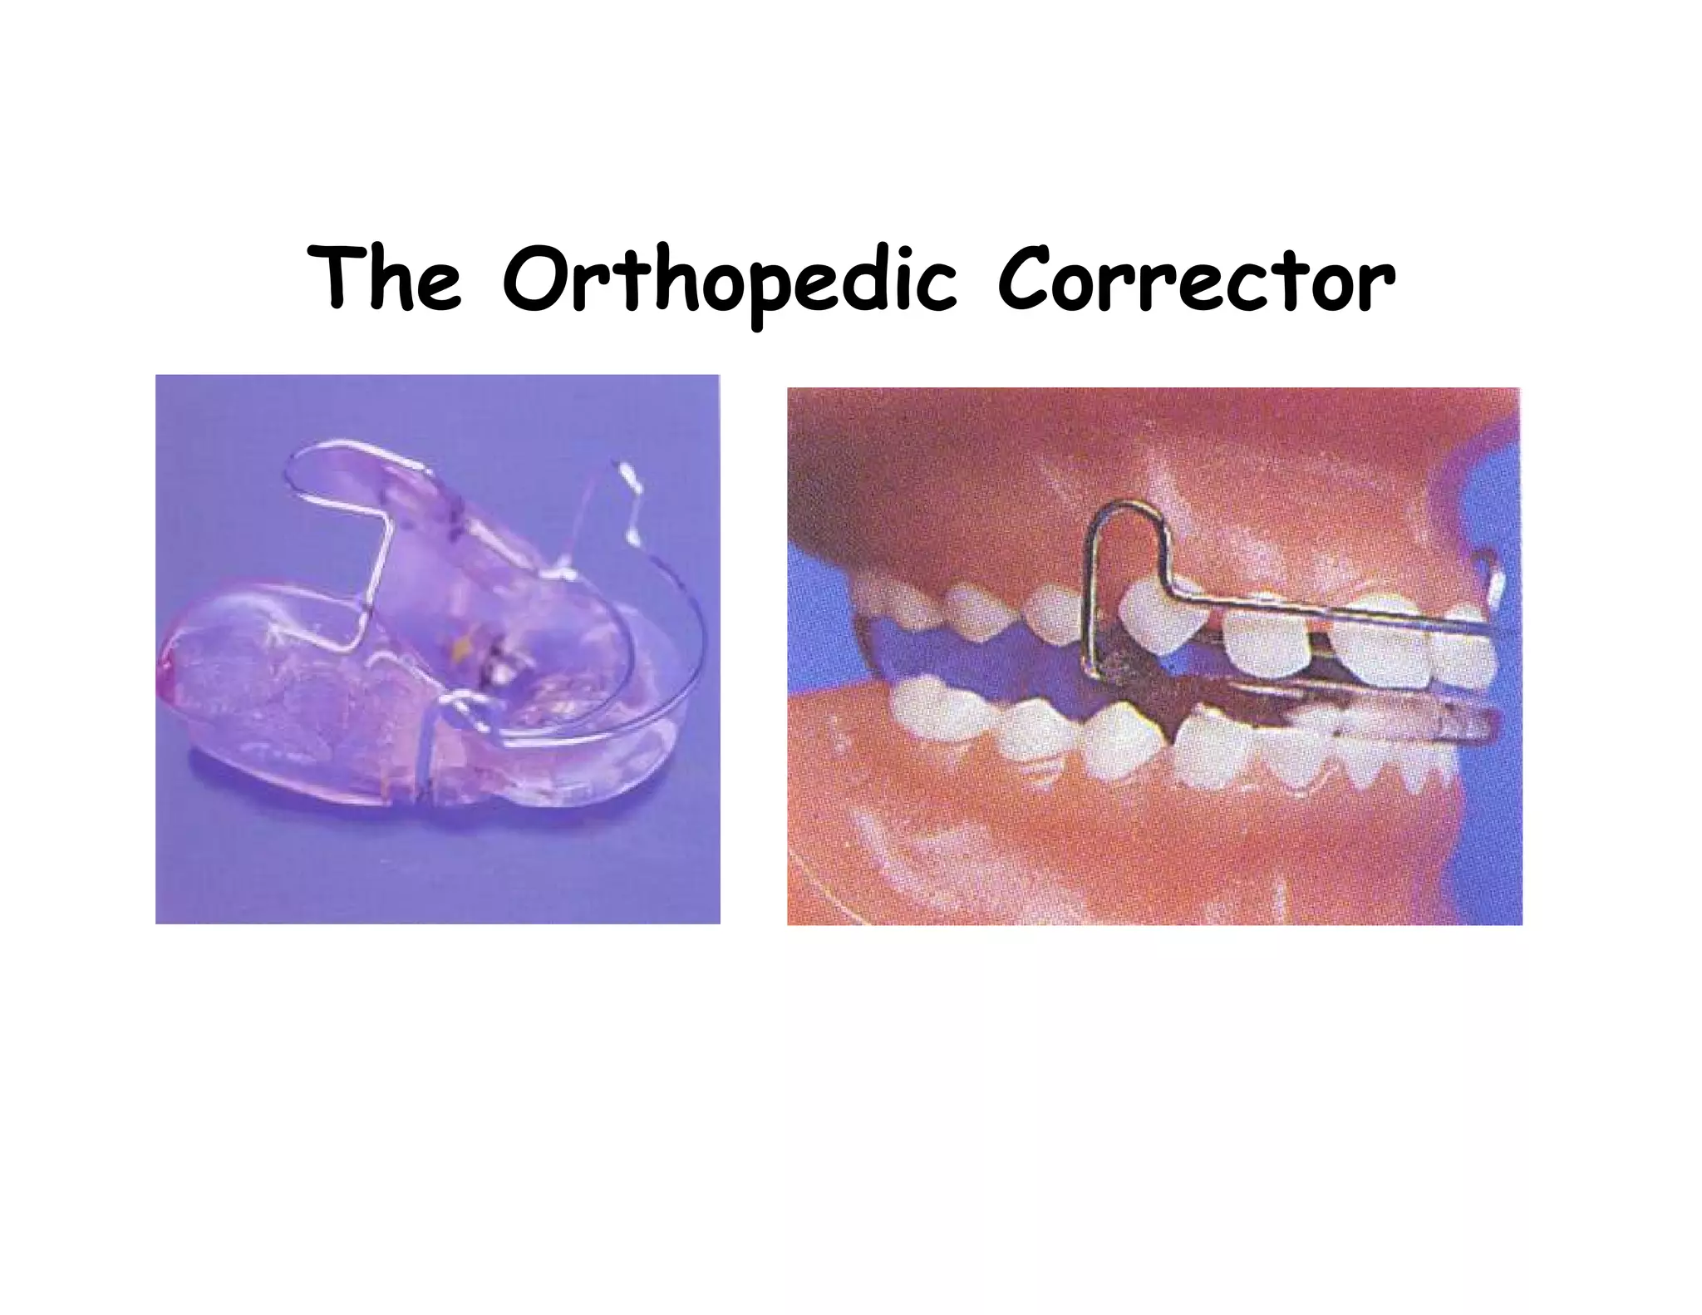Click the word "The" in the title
pos(384,278)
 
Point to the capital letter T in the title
pos(337,277)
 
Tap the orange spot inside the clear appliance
pos(462,644)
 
